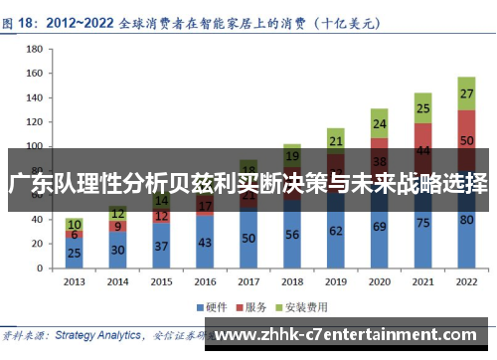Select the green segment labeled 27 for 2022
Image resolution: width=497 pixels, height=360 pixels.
(x=466, y=93)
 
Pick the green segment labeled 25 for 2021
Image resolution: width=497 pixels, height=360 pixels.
(x=422, y=108)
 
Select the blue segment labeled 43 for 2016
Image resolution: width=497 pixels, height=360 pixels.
(x=205, y=242)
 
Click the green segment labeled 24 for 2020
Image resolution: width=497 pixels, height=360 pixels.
(x=379, y=124)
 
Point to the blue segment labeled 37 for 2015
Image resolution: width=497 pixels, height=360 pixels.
(x=161, y=246)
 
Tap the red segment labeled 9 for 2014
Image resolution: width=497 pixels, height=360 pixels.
(x=117, y=226)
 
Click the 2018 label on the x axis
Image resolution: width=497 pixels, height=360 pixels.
(x=291, y=282)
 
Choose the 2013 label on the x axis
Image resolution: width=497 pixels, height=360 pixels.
(x=74, y=282)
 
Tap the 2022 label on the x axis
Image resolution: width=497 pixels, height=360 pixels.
(x=466, y=282)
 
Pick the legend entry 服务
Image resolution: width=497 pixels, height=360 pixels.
(x=259, y=306)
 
